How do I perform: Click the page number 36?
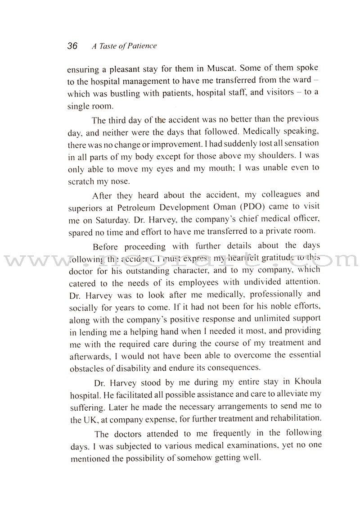tap(72, 46)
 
